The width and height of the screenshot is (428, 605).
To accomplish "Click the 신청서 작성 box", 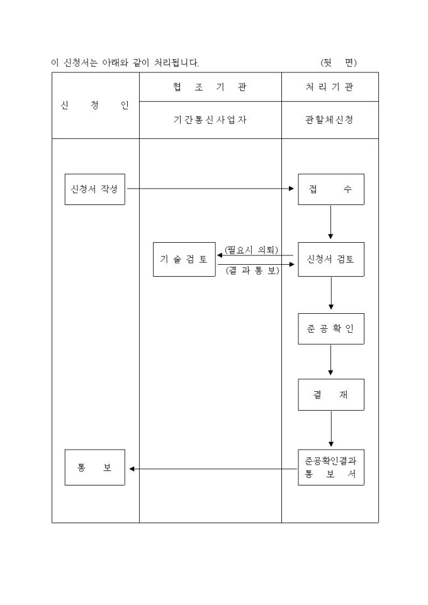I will (x=94, y=189).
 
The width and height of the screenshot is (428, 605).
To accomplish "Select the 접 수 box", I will (x=330, y=189).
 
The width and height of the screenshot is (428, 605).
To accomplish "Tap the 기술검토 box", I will (x=184, y=259).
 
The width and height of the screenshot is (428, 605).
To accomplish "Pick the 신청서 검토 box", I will (x=330, y=259).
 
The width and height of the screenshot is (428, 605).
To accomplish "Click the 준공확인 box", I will (x=330, y=328).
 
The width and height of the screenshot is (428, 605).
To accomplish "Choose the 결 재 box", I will (x=330, y=395).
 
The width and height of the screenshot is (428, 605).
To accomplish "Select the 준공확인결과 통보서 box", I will (x=330, y=467).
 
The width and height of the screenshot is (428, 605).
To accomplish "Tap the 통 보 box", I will (x=94, y=467).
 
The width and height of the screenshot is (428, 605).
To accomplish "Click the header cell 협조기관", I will (x=210, y=87).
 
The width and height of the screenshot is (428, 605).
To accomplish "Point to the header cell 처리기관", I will (x=330, y=87).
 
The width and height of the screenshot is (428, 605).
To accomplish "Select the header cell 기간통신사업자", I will (x=210, y=120).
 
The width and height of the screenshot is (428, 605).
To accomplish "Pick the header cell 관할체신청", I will (x=330, y=120).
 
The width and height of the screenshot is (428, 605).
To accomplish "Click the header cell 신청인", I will (x=95, y=105).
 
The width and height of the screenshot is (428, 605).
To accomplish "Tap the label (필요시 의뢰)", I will (x=251, y=250).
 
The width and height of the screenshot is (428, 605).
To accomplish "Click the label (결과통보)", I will (x=252, y=272).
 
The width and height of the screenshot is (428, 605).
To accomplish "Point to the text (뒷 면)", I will (x=339, y=62).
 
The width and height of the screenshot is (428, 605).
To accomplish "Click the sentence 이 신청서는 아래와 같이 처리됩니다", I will (x=125, y=62).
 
